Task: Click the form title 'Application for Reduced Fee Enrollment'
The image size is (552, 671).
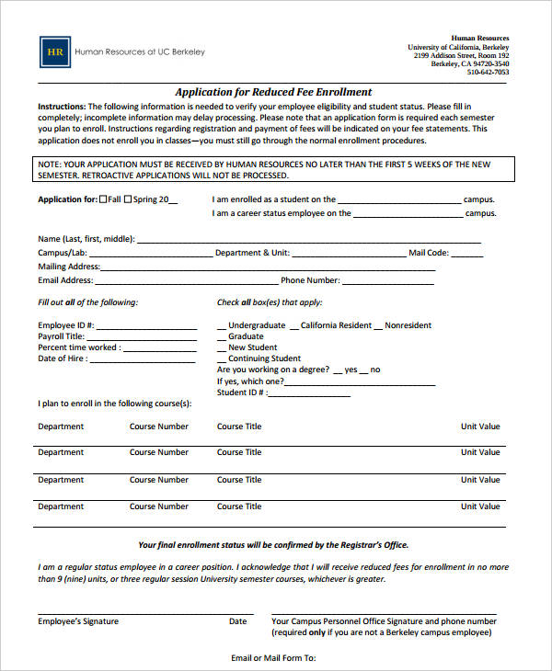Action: [x=273, y=92]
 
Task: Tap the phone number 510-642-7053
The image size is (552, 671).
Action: [x=488, y=72]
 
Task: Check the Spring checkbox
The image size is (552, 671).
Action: [x=130, y=199]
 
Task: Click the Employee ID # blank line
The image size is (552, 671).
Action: [x=146, y=326]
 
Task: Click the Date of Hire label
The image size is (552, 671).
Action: [x=63, y=358]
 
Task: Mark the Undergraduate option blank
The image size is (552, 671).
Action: [x=222, y=326]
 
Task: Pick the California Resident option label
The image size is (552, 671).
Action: [x=336, y=325]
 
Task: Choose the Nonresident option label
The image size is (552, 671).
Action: [x=408, y=325]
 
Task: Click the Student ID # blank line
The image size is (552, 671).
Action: [x=309, y=393]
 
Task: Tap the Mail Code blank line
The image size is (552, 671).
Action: [x=466, y=255]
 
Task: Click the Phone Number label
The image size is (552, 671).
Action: [x=310, y=280]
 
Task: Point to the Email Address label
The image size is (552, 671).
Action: [x=65, y=280]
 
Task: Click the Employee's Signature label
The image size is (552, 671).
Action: [x=78, y=621]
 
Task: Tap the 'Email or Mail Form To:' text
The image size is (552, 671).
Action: [x=273, y=658]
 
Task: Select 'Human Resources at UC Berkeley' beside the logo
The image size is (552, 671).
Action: [x=140, y=52]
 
